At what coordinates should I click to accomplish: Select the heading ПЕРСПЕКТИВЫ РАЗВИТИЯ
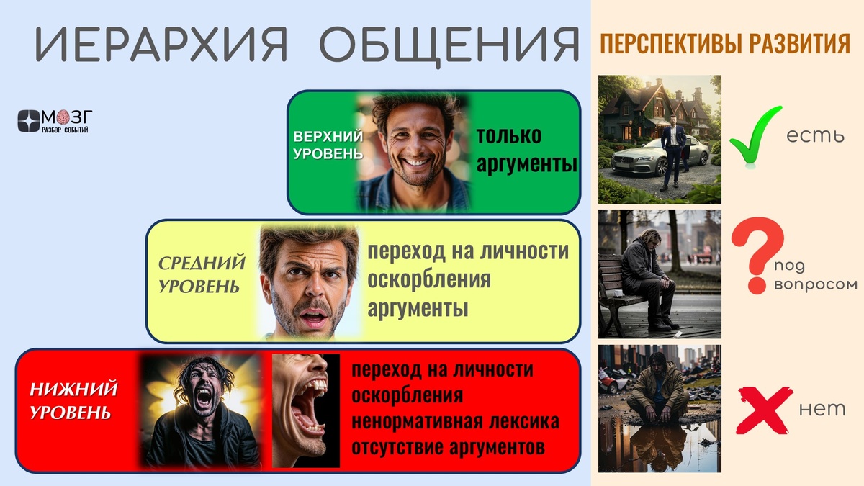pos(725,45)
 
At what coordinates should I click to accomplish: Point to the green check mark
pos(755,135)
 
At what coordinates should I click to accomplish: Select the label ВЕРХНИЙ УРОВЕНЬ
pos(328,145)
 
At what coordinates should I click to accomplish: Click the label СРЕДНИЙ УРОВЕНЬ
pos(202,274)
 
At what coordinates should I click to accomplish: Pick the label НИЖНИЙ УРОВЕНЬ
pos(73,401)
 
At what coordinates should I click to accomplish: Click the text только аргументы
pos(526,150)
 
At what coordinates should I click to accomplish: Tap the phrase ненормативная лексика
pos(455,421)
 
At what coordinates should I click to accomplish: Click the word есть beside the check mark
pos(815,135)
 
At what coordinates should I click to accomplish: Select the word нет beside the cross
pos(822,410)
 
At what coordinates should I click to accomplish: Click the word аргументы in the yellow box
pos(418,309)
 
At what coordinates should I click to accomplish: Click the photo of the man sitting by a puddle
pos(660,408)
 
